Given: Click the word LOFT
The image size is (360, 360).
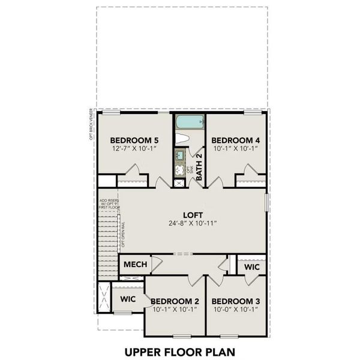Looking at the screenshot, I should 193,215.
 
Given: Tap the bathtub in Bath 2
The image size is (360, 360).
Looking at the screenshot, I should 190,123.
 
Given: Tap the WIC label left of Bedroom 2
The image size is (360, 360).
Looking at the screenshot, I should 127,298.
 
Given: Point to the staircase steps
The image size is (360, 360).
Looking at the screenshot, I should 109,238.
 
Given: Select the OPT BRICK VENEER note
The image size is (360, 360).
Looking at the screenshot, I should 91,124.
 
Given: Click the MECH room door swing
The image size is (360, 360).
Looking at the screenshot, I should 155,264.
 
